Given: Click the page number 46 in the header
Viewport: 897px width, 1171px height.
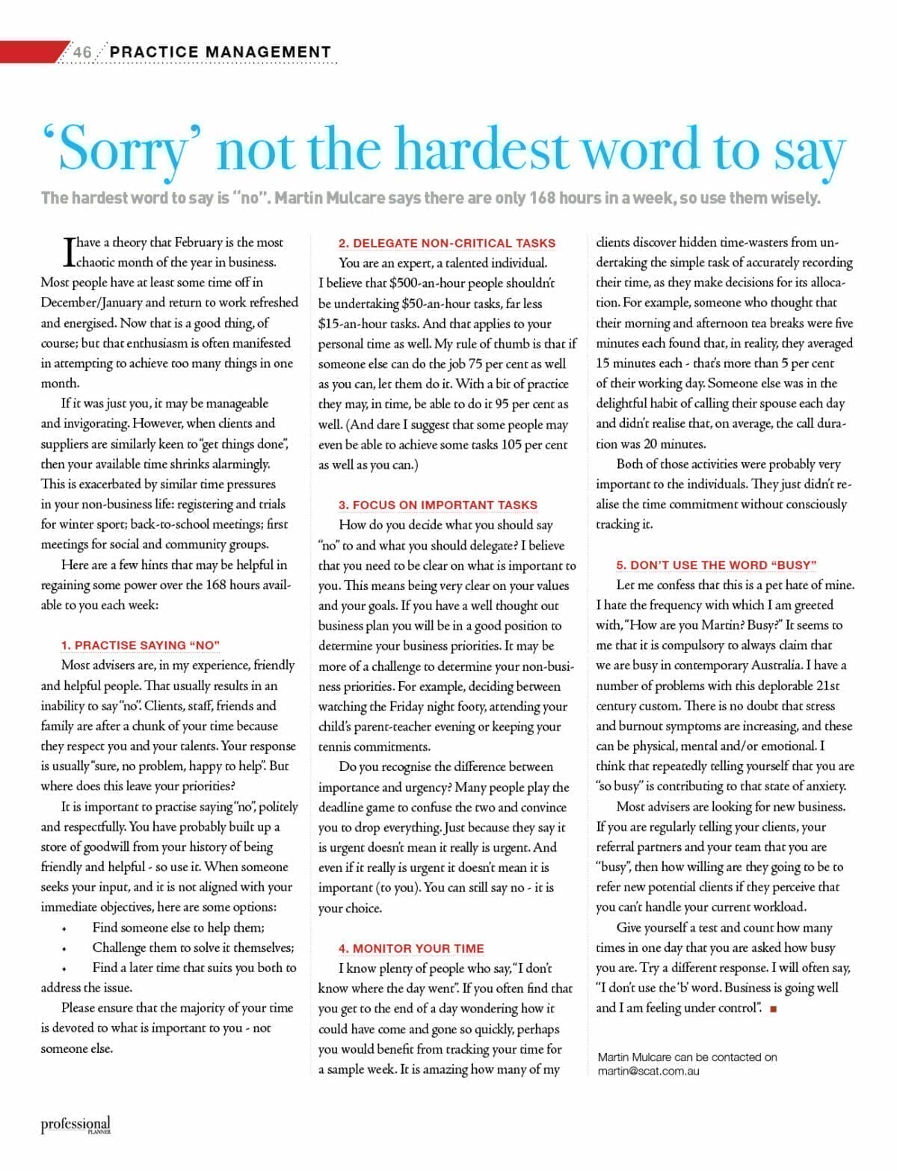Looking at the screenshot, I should tap(82, 52).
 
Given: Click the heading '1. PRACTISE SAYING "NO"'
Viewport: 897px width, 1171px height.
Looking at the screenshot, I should tap(141, 645).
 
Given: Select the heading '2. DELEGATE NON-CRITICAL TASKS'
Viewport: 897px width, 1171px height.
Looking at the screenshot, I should tap(447, 243).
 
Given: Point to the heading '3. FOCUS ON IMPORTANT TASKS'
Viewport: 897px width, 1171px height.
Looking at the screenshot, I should tap(438, 505).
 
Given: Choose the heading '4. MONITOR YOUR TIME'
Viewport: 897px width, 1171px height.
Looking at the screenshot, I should tap(411, 948).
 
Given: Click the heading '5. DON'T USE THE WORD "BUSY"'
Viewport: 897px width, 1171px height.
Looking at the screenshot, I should tap(716, 565).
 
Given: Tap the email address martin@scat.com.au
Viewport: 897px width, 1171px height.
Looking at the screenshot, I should tap(648, 1071).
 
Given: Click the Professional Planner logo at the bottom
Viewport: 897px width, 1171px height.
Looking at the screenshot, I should tap(75, 1124).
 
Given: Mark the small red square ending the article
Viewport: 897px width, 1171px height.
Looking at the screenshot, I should tap(773, 1009).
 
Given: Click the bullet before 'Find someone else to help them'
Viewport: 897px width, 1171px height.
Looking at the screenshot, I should tap(64, 929).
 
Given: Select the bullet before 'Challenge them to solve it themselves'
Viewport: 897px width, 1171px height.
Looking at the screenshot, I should tap(64, 949).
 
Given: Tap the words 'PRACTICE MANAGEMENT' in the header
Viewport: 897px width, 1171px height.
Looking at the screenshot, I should tap(221, 52).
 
